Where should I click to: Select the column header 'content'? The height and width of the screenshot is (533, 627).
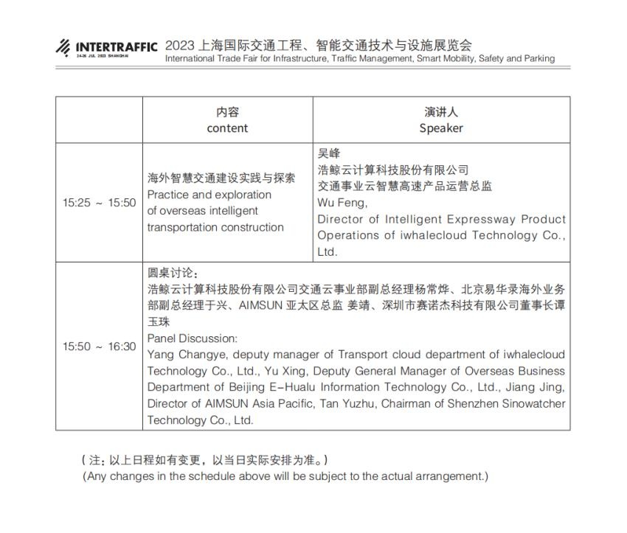click(x=227, y=128)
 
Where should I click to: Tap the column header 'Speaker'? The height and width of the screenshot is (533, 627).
click(x=441, y=128)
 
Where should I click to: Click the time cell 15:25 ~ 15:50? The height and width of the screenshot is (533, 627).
click(x=99, y=203)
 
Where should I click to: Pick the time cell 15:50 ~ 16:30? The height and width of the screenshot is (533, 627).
click(x=99, y=346)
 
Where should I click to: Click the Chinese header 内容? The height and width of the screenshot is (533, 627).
click(x=227, y=112)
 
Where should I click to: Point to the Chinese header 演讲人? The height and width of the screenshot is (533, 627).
click(x=441, y=112)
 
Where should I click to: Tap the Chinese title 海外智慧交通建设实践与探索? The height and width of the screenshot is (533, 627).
click(x=221, y=178)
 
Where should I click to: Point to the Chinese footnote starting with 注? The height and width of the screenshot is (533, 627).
click(x=203, y=460)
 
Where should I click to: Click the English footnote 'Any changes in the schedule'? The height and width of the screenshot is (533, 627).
click(x=285, y=476)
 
